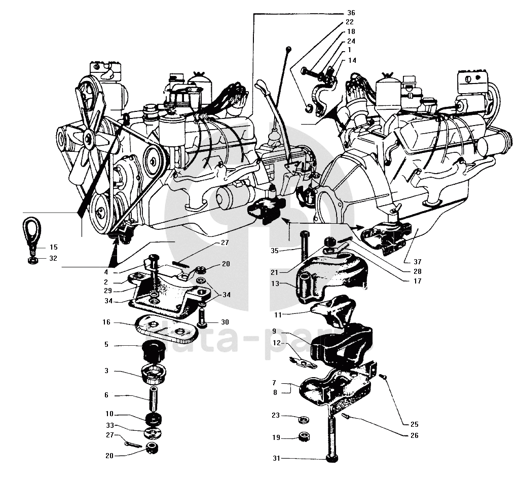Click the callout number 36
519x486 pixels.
pyautogui.click(x=351, y=13)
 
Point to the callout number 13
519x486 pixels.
pyautogui.click(x=274, y=283)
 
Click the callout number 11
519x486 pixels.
pyautogui.click(x=277, y=315)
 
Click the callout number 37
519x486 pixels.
pyautogui.click(x=417, y=262)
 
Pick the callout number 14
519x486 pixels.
pyautogui.click(x=352, y=60)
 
